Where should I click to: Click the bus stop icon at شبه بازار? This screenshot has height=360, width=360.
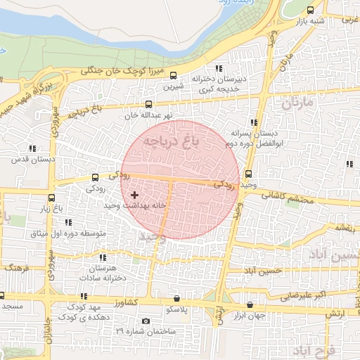click(x=311, y=10)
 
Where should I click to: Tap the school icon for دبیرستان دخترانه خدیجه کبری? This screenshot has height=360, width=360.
click(x=219, y=68)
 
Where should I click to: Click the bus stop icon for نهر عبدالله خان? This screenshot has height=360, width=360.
click(x=148, y=104)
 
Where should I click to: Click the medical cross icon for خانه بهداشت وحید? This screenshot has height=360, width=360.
click(x=134, y=193)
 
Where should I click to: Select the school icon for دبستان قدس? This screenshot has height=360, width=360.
click(x=32, y=148)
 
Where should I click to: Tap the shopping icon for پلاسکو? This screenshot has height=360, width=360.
click(x=186, y=299)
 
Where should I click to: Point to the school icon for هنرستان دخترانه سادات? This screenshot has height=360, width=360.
click(x=104, y=257)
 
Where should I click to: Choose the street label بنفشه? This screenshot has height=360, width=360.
click(x=344, y=227)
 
